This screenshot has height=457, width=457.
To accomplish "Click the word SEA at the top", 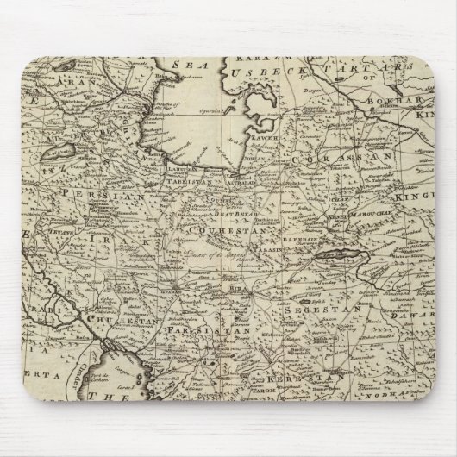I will click(178, 64).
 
